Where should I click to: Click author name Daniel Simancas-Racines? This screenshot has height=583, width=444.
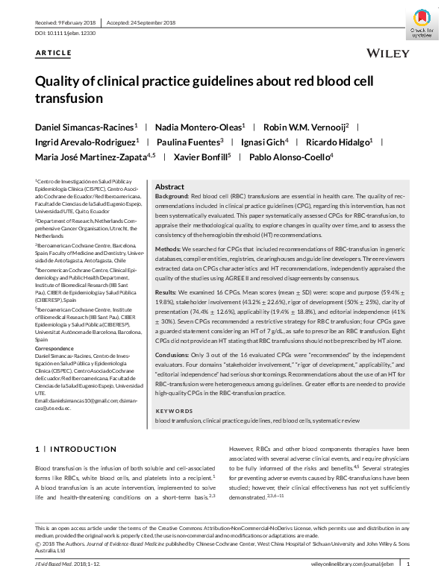click(x=84, y=127)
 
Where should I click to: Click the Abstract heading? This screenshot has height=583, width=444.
click(x=169, y=186)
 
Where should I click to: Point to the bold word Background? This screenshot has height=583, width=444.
click(x=172, y=195)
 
